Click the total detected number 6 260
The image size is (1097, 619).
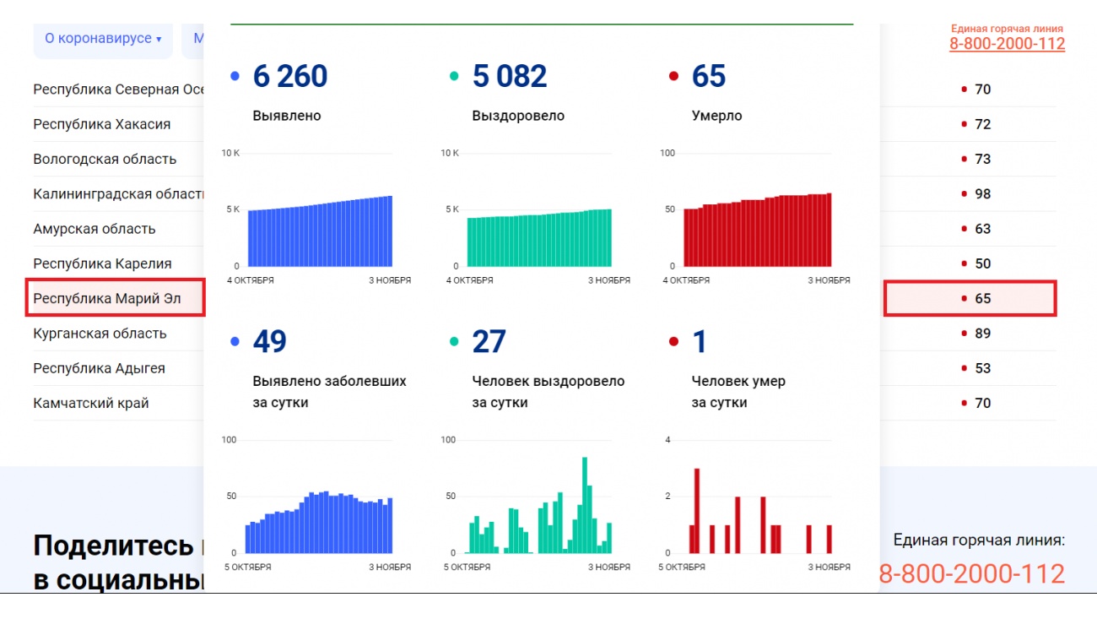(x=289, y=77)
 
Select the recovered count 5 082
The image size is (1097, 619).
(x=509, y=77)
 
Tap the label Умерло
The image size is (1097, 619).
(x=716, y=116)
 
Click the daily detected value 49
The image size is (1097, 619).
(x=269, y=342)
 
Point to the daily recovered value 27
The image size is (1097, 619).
(x=489, y=342)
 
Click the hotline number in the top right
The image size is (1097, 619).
(x=1007, y=44)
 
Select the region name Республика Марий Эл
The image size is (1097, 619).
(x=106, y=299)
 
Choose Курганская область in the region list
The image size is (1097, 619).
(x=100, y=334)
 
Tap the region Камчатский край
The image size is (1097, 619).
(x=91, y=404)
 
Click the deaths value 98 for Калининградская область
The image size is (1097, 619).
(x=982, y=194)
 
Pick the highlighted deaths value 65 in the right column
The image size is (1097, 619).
(x=982, y=299)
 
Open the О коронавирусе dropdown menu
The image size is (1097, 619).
(x=102, y=39)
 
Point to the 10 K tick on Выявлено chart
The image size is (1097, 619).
(x=230, y=153)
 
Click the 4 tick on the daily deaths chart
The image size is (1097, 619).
(x=667, y=440)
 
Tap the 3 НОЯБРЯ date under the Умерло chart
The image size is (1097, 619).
(x=829, y=280)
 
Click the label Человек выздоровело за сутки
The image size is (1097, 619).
(x=548, y=392)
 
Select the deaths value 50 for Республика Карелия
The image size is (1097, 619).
(x=982, y=264)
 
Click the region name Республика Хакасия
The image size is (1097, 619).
(x=101, y=125)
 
